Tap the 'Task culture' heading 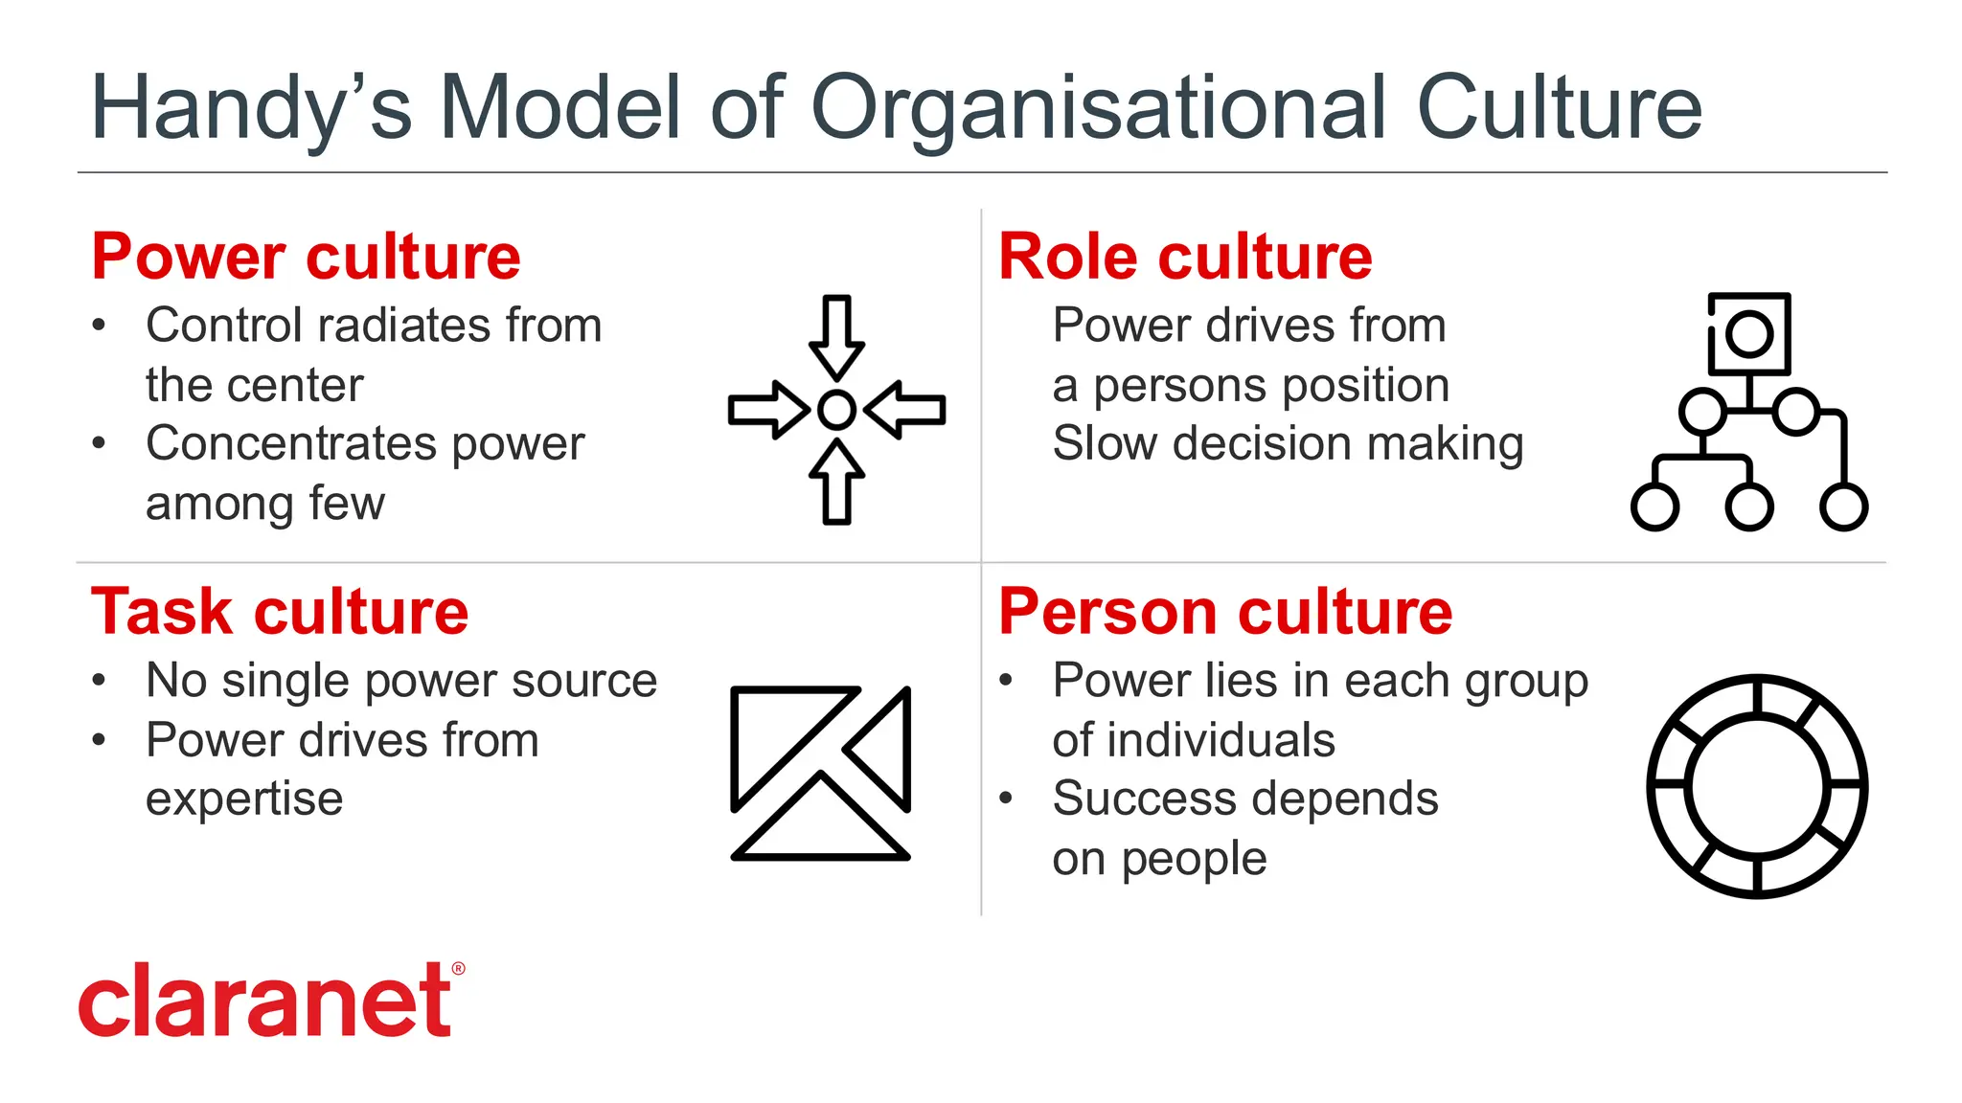(280, 612)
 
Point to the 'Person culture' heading (1225, 612)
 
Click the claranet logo (265, 1001)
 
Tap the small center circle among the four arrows (837, 410)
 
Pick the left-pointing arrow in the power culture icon (905, 410)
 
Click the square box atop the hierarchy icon (1749, 333)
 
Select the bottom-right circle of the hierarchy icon (1844, 506)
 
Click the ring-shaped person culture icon (1757, 786)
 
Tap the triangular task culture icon (820, 772)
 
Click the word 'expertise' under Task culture (244, 799)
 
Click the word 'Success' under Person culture (1134, 799)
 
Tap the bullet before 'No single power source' (99, 681)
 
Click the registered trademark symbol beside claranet (458, 969)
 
